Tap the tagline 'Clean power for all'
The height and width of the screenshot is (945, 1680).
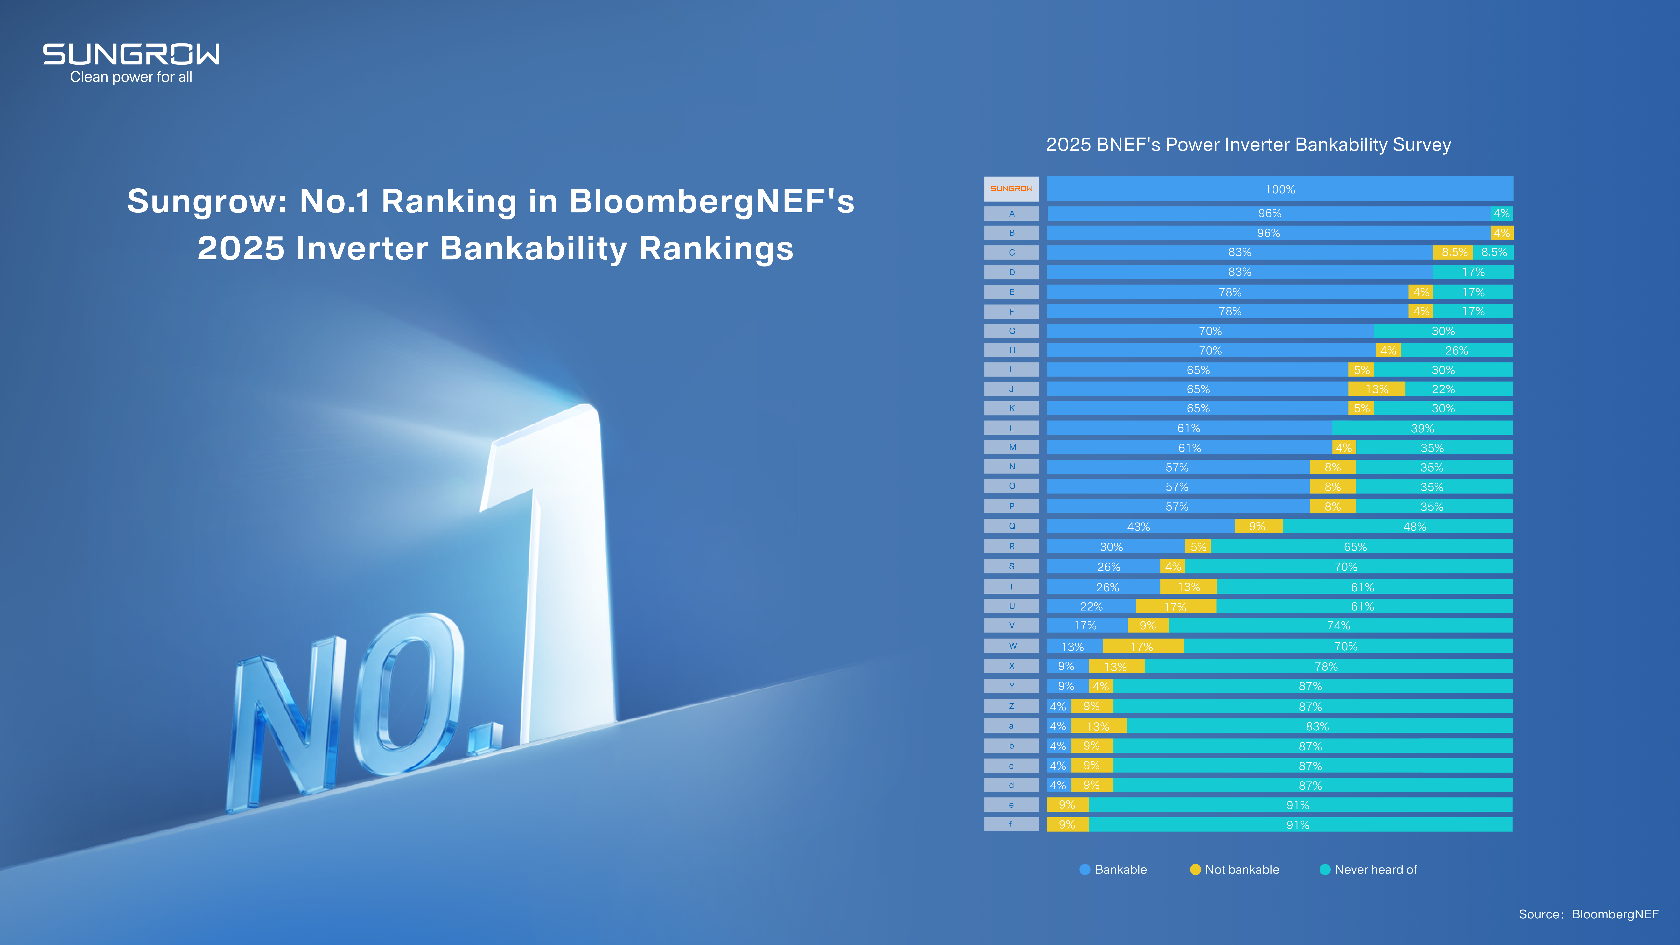pyautogui.click(x=131, y=77)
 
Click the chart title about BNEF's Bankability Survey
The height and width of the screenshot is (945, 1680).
pyautogui.click(x=1248, y=145)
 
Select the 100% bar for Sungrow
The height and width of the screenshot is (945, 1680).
pyautogui.click(x=1280, y=189)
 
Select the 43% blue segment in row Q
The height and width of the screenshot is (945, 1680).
pyautogui.click(x=1139, y=526)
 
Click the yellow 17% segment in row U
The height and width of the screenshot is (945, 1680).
pyautogui.click(x=1175, y=606)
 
